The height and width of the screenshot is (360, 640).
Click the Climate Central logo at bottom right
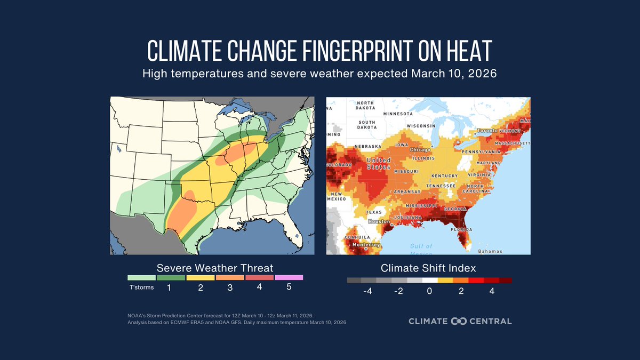click(x=460, y=321)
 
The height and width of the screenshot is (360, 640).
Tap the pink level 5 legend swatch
click(x=289, y=277)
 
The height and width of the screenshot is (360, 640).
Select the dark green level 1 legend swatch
click(x=171, y=277)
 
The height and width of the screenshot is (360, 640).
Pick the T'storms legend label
click(x=141, y=288)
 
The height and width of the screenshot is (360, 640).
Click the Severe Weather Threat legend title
click(x=215, y=267)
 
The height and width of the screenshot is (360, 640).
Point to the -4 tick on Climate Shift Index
click(x=367, y=291)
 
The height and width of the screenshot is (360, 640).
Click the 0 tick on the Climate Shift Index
click(x=429, y=291)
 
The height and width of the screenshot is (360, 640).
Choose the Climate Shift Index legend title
click(x=428, y=267)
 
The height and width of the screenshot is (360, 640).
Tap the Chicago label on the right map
click(x=420, y=150)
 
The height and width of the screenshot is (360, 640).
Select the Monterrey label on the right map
click(x=367, y=245)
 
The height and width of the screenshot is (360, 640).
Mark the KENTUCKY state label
click(x=445, y=176)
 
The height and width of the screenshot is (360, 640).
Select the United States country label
click(x=378, y=163)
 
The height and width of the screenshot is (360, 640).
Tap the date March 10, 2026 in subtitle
click(x=453, y=73)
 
